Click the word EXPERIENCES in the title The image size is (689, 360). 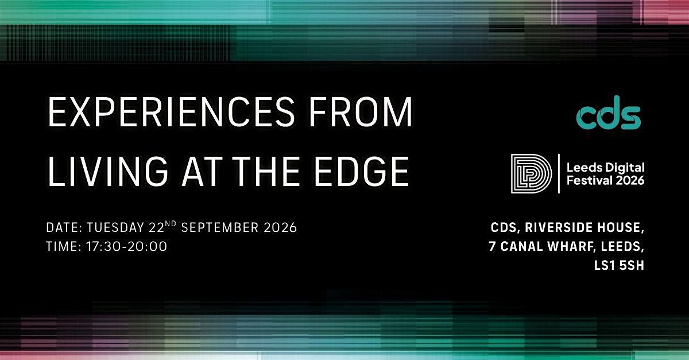pos(171,112)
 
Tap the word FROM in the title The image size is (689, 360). pos(361,112)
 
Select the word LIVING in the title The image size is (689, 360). pos(108,171)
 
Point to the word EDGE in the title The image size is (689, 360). pos(362,171)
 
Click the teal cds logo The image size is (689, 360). pos(609,113)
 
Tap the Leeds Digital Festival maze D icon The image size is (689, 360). pos(531,173)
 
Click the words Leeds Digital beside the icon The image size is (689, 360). pos(605,168)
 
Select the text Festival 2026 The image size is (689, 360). pos(605,180)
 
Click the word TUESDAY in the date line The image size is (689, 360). pos(115,227)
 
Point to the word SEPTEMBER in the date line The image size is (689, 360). pos(220,227)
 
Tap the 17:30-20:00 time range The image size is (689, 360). pos(126,246)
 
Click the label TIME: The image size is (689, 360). pos(64,246)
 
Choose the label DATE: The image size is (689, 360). pos(64,227)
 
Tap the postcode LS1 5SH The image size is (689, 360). pos(619,265)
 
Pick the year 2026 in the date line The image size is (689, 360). pos(281,227)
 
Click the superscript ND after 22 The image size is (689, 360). pos(171,224)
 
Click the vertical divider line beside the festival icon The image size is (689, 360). pos(559,173)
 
